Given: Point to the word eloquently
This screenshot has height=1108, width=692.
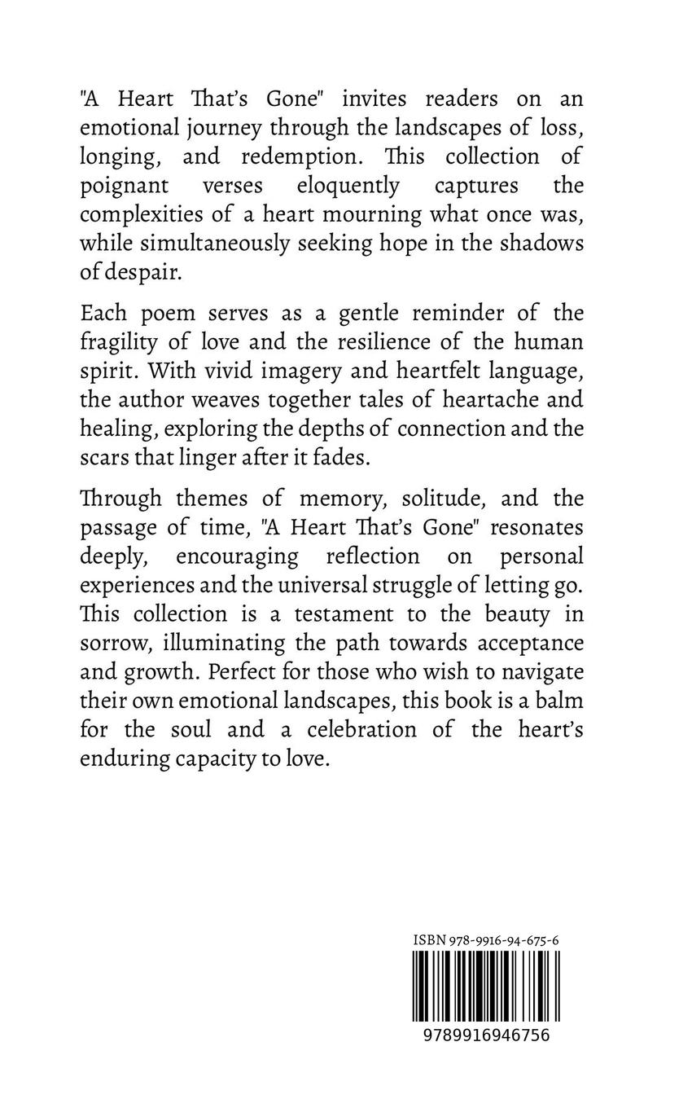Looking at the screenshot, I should pyautogui.click(x=348, y=185).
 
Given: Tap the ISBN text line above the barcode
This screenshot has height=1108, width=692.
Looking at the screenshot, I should pyautogui.click(x=486, y=940).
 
